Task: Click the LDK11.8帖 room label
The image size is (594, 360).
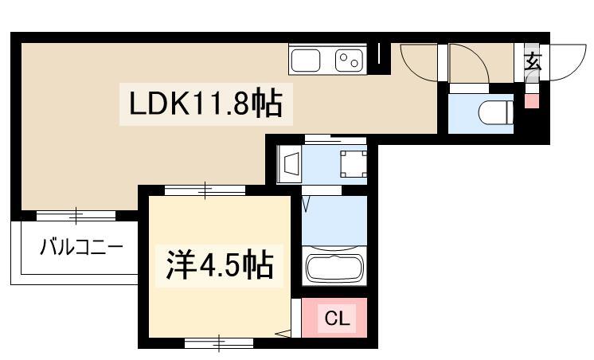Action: tap(205, 104)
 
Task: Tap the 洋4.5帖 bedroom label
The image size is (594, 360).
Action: tap(220, 265)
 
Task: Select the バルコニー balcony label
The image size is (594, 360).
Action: tap(82, 248)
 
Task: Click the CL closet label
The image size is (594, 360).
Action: tap(337, 319)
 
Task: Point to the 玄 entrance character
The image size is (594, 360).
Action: tap(533, 61)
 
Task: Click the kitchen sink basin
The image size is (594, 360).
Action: tap(306, 61)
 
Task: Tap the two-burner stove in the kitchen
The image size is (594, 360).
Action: tap(349, 61)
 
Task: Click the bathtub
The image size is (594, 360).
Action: tap(334, 267)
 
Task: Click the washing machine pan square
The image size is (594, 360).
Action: tap(354, 164)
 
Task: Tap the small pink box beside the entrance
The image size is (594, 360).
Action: tap(531, 101)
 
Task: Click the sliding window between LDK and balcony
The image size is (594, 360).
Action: tap(76, 217)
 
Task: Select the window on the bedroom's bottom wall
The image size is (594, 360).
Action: tap(219, 343)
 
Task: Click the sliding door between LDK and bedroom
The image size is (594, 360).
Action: tap(205, 190)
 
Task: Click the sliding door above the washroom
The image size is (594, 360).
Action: tap(336, 139)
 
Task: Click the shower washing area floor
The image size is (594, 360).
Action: tap(334, 221)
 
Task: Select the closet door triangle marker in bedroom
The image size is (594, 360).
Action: tap(284, 334)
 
